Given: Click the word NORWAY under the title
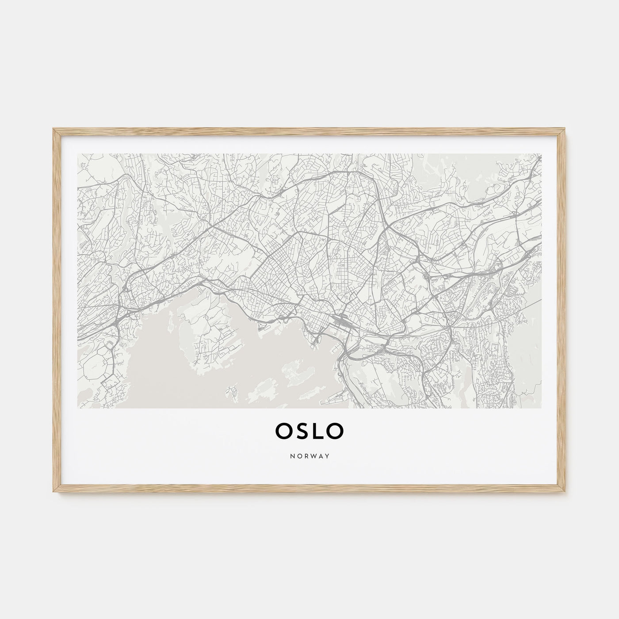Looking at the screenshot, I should (x=309, y=456).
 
